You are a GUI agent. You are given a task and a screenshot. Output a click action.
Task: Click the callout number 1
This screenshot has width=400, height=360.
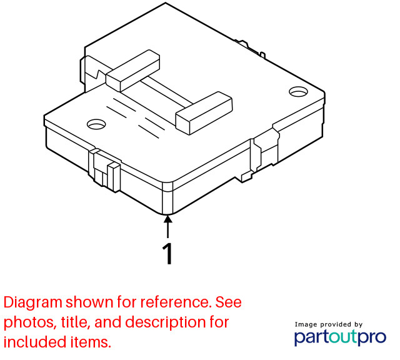pos(167,254)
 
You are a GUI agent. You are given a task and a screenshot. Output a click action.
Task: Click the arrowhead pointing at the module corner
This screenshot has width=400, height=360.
pos(167,219)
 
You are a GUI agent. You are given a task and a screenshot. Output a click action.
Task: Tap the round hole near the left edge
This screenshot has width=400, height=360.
pos(96,124)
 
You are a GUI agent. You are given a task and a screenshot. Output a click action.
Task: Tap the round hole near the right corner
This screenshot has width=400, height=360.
pos(298,92)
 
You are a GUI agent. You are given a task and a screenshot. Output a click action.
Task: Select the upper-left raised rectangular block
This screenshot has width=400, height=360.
pos(133,71)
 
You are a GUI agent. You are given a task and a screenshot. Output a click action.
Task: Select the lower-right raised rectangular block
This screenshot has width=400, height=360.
pos(204,113)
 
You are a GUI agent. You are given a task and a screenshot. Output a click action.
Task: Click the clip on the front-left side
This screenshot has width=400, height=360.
pos(104,169)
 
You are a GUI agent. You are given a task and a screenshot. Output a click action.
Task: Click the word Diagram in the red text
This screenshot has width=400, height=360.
pos(33,302)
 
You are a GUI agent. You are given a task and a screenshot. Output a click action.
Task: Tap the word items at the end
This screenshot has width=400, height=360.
pos(87,342)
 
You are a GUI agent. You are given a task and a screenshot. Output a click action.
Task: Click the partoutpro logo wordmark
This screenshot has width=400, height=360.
pos(340,337)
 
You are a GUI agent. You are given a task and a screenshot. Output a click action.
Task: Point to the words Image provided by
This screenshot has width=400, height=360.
pos(329,324)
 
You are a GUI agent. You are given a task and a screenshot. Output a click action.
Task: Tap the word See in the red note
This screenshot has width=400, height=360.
pos(229,302)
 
